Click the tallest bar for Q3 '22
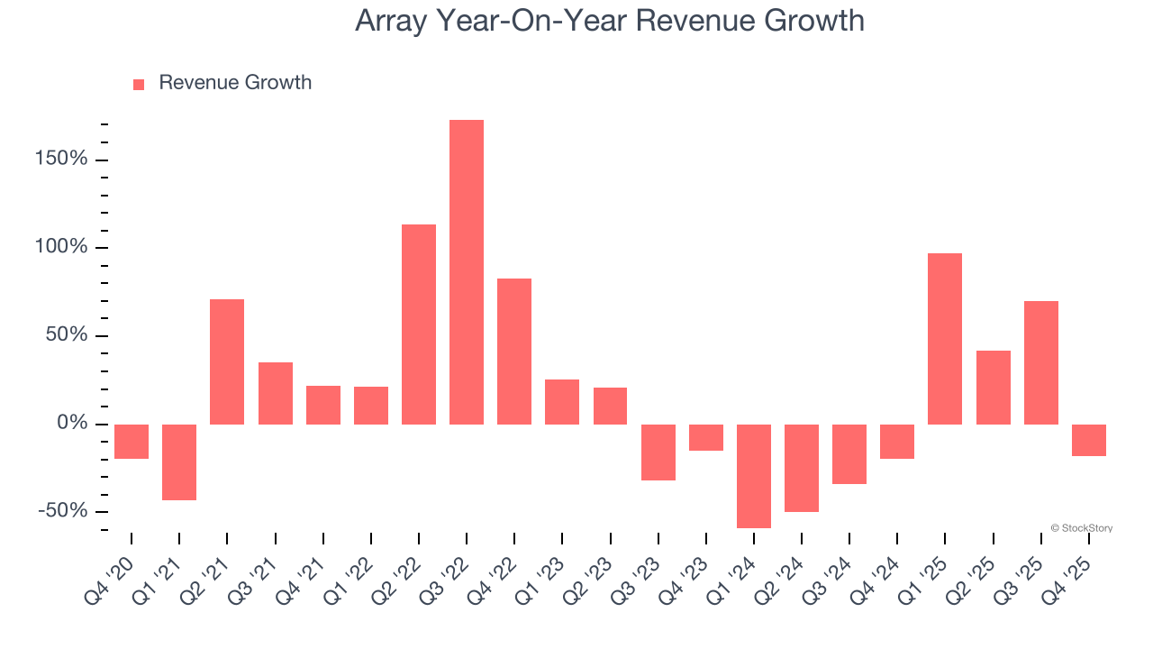[x=467, y=272]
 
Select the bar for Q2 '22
[x=419, y=324]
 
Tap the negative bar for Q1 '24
[x=754, y=476]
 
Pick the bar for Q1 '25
[x=945, y=339]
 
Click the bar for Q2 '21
[x=227, y=361]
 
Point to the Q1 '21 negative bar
[x=179, y=462]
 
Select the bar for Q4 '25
[x=1089, y=440]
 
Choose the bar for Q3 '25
[x=1041, y=362]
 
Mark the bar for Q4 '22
[x=514, y=352]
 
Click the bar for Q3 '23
[x=658, y=452]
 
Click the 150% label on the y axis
[x=60, y=160]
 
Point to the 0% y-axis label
[x=71, y=424]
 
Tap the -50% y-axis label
[x=62, y=511]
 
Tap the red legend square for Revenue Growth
[x=139, y=84]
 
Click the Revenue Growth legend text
[x=235, y=83]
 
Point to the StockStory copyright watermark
[x=1081, y=528]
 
